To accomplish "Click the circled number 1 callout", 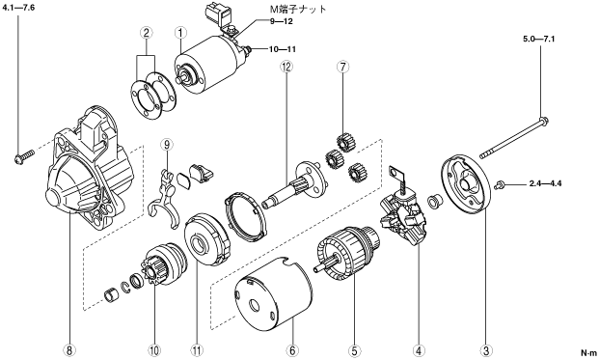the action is (x=180, y=33).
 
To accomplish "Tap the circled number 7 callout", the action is (x=342, y=67).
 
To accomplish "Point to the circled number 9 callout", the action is (x=167, y=145).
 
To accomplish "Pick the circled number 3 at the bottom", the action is (x=486, y=350).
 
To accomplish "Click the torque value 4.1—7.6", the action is (x=18, y=8).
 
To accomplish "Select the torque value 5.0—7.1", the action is (x=538, y=39).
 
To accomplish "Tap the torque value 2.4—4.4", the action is (x=546, y=183).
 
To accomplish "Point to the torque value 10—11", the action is (x=282, y=49).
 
